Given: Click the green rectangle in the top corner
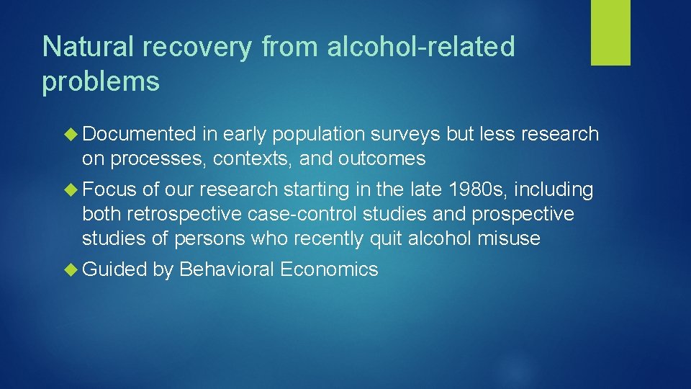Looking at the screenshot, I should click(610, 32).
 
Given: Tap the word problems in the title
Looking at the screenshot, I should click(101, 82).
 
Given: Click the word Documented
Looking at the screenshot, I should click(139, 134).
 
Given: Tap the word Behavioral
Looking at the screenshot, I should click(227, 269).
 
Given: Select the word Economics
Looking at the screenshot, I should click(329, 269).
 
